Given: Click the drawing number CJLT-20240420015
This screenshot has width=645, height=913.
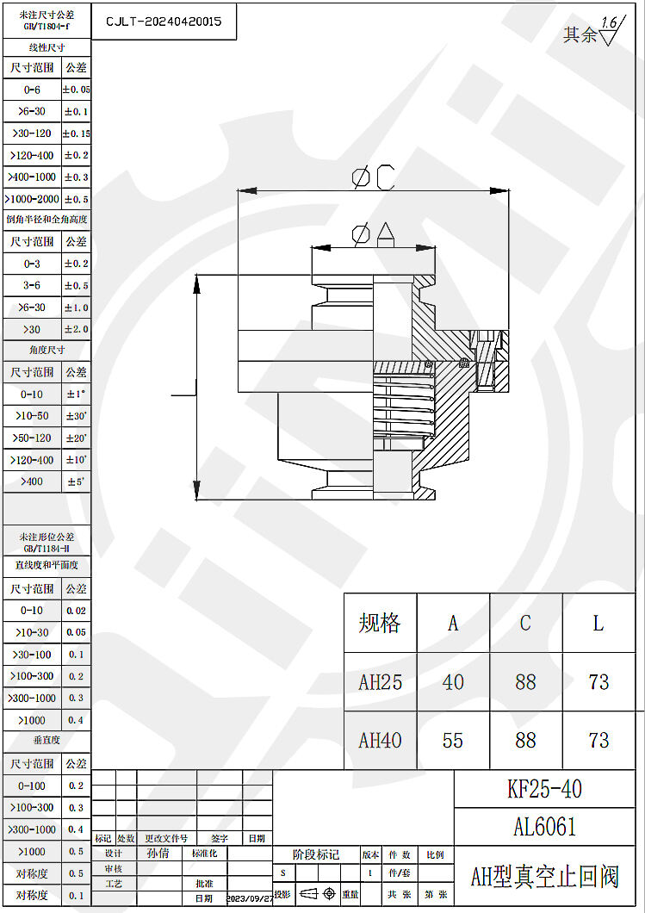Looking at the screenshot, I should [x=164, y=22].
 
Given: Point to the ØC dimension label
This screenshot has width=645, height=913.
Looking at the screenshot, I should [x=372, y=177].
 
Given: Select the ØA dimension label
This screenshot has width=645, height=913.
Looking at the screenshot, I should [x=372, y=233].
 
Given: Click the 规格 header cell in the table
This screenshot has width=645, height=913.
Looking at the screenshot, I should [x=380, y=623].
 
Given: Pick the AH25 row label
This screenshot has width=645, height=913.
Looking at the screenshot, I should [x=380, y=682].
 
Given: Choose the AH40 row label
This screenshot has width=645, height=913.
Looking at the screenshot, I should [x=380, y=740].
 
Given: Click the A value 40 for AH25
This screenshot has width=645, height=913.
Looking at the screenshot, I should [x=453, y=682].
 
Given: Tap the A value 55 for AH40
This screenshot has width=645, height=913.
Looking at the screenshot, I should [x=453, y=740].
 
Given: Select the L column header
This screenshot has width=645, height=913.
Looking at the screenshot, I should [x=598, y=623].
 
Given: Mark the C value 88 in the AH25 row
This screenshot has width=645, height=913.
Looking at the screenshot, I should [x=525, y=682].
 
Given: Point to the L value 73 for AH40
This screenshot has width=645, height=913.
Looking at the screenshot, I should [x=598, y=740].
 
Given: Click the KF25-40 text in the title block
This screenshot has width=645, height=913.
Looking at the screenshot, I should [x=544, y=789].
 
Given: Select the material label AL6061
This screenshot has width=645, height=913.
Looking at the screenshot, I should [x=544, y=827].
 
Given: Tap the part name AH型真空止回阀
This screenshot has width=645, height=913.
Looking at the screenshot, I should [x=544, y=877].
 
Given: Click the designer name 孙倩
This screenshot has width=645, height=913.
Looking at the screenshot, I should [x=158, y=854].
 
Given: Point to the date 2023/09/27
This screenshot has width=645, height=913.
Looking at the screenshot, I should [x=250, y=898].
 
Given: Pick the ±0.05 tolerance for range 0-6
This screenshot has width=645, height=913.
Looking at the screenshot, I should [x=76, y=90].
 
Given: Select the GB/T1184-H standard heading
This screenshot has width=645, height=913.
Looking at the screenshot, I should [x=47, y=548].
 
